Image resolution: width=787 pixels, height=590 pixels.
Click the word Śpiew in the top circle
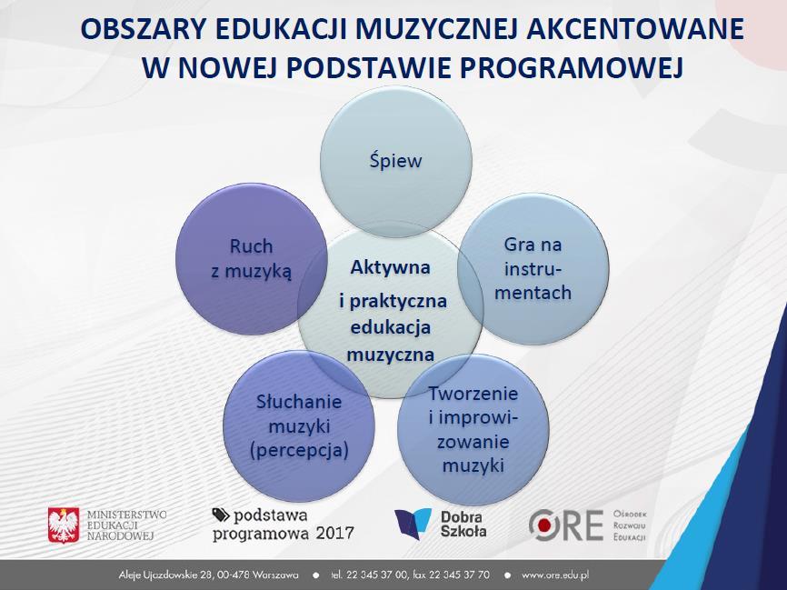click(x=395, y=160)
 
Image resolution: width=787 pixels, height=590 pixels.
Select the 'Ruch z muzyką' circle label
click(x=251, y=258)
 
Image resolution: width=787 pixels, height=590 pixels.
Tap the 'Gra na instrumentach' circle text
click(x=533, y=269)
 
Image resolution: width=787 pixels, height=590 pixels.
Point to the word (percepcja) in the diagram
click(x=299, y=449)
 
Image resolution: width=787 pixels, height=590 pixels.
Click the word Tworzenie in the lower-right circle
click(x=473, y=393)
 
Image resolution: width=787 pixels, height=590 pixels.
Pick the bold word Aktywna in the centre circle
click(x=390, y=267)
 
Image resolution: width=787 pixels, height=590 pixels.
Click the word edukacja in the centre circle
click(x=391, y=327)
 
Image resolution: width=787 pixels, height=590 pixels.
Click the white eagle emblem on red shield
click(x=64, y=525)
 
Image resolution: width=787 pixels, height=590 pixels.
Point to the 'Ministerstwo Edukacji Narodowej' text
click(x=126, y=525)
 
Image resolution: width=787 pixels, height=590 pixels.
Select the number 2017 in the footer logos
click(x=334, y=533)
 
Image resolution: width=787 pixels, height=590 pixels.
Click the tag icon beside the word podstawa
click(x=220, y=515)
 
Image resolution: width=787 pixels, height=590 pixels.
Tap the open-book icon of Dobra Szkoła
click(x=413, y=524)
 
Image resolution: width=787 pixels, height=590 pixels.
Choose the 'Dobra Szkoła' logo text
click(x=463, y=525)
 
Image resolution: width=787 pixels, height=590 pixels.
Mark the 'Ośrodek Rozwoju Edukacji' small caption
click(x=630, y=525)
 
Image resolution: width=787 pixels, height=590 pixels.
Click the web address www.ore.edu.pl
click(x=554, y=575)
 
